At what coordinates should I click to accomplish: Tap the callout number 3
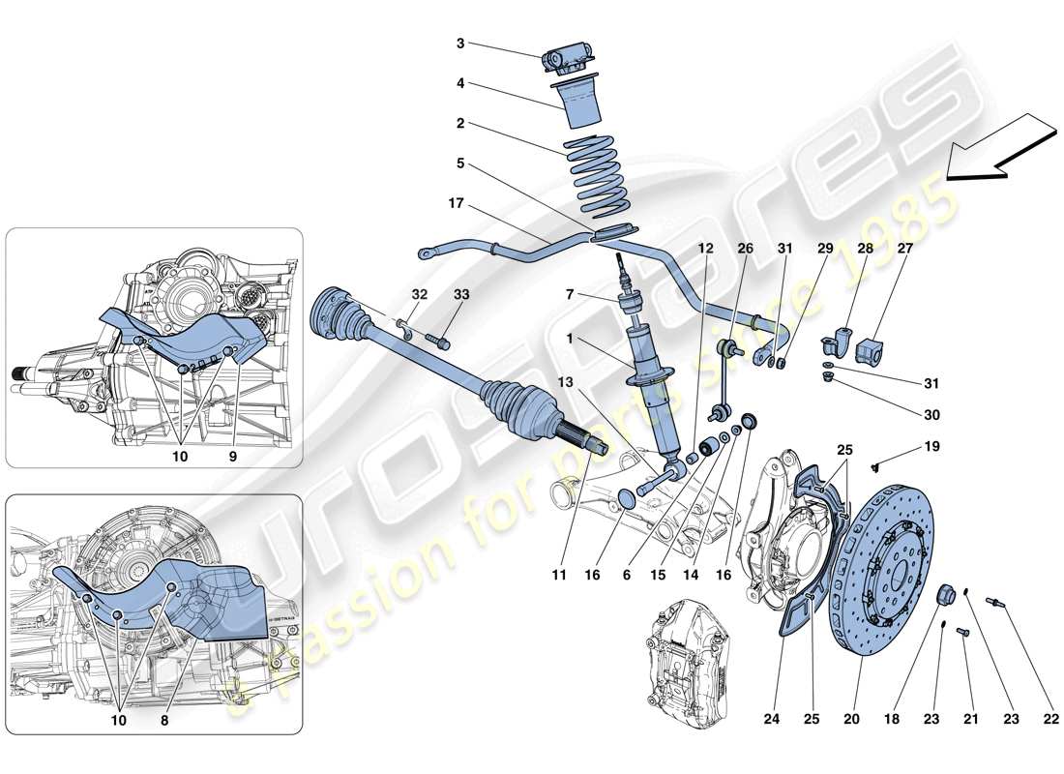click(460, 44)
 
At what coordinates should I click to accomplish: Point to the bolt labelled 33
click(443, 341)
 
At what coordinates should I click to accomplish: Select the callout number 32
click(419, 294)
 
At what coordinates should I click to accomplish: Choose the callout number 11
click(558, 575)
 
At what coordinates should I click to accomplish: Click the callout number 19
click(931, 447)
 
